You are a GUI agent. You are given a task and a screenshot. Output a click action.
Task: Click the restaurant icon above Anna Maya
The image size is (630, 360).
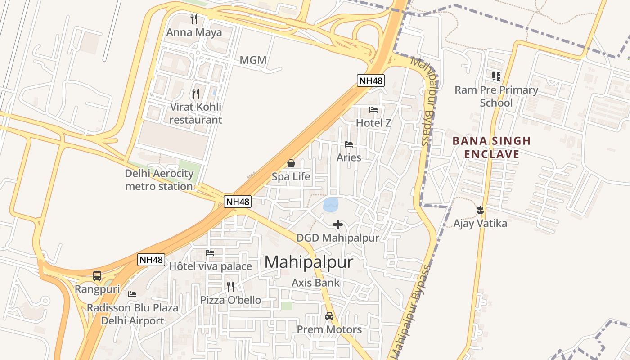click(x=194, y=19)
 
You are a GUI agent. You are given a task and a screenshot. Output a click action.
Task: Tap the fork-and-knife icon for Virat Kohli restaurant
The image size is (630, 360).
click(x=196, y=94)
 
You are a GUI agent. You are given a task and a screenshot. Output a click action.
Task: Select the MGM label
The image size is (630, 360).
click(x=253, y=60)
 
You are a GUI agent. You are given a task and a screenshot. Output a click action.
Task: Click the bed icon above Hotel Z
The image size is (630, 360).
click(x=373, y=109)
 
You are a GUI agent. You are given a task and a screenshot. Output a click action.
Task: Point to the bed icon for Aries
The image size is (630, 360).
click(x=349, y=144)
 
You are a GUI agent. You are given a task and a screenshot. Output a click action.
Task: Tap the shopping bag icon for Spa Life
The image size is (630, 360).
click(x=291, y=163)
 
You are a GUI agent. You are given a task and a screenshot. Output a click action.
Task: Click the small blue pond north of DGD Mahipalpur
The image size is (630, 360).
click(x=331, y=205)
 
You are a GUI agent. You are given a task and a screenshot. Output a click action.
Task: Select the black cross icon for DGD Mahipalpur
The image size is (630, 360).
click(x=338, y=225)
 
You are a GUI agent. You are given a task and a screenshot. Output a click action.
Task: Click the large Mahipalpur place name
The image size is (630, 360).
click(x=309, y=262)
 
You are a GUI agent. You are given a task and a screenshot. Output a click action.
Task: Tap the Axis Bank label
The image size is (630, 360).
click(x=315, y=283)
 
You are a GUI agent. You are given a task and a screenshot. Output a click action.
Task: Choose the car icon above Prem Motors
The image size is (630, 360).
click(x=329, y=316)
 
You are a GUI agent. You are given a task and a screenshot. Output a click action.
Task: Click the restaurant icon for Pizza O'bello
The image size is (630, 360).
click(x=230, y=286)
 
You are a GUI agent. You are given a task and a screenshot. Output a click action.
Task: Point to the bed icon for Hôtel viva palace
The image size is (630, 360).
click(x=210, y=253)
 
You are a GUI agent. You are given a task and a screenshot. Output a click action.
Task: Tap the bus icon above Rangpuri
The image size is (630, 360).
click(x=97, y=276)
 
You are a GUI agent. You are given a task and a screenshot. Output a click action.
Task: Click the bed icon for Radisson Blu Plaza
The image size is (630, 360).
click(x=132, y=294)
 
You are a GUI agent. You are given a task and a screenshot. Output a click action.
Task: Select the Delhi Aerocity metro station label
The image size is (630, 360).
click(x=159, y=180)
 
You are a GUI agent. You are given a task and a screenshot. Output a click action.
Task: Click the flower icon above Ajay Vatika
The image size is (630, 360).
click(x=480, y=210)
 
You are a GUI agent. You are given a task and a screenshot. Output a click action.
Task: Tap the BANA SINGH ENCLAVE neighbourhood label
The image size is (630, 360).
click(x=491, y=148)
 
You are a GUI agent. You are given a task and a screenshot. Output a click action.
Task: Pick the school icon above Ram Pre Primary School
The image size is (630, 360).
click(x=496, y=76)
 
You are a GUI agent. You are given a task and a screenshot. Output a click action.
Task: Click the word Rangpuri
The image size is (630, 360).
click(x=97, y=289)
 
